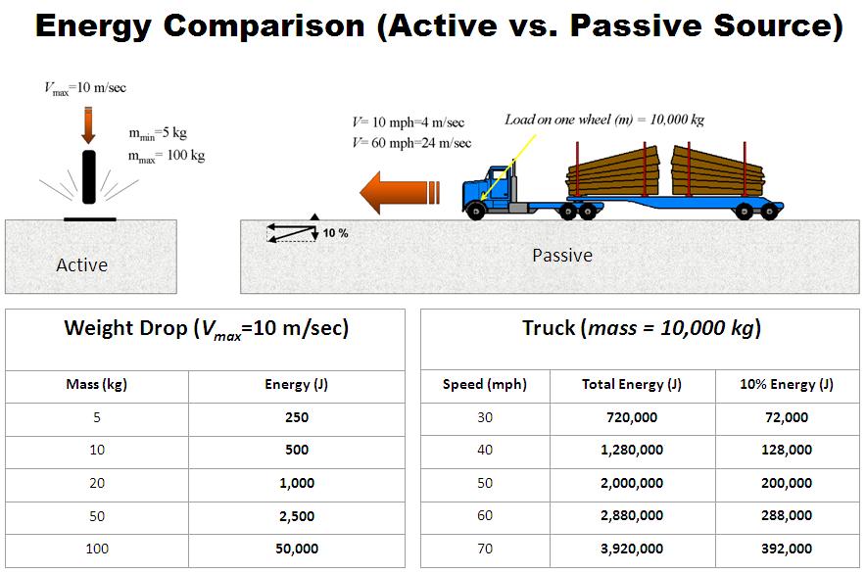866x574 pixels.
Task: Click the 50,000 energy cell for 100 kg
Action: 297,549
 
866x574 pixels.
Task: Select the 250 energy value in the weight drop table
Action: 297,417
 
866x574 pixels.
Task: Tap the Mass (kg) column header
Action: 97,385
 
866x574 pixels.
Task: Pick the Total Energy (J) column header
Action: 632,385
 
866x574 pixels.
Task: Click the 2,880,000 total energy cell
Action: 632,515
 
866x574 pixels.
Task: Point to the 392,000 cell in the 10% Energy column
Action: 787,549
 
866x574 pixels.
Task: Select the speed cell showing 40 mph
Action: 485,450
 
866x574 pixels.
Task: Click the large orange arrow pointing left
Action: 400,192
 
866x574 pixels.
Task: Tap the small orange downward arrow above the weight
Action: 88,126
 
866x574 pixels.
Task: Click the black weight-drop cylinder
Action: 89,176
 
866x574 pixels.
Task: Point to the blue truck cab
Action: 491,189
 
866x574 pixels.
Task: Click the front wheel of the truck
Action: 475,211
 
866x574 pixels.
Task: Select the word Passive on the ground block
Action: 562,256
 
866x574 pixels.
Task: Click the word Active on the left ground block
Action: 81,265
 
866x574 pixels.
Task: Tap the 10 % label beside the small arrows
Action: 335,233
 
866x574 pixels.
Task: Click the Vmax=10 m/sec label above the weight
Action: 85,88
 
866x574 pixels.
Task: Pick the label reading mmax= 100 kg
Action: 167,156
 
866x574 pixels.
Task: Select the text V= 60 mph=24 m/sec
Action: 411,143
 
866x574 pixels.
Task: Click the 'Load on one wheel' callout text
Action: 604,120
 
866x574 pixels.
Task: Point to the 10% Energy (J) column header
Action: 787,385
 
